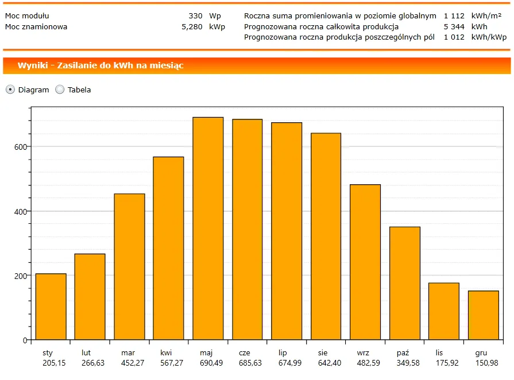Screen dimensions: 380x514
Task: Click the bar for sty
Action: [x=51, y=307]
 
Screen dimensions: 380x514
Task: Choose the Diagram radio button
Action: [x=10, y=90]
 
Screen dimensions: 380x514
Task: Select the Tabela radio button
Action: [x=60, y=90]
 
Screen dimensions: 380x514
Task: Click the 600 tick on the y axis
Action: [x=21, y=147]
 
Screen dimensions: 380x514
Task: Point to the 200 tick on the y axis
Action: [x=21, y=276]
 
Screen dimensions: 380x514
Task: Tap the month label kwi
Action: [x=166, y=352]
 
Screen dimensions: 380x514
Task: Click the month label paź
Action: [x=403, y=352]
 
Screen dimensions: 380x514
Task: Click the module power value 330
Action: [x=195, y=16]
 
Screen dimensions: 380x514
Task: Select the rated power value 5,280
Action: [x=192, y=26]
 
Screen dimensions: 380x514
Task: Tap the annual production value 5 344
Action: [x=454, y=26]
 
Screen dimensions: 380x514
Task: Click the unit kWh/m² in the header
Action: [x=486, y=16]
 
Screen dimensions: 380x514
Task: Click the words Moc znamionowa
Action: [x=36, y=26]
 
